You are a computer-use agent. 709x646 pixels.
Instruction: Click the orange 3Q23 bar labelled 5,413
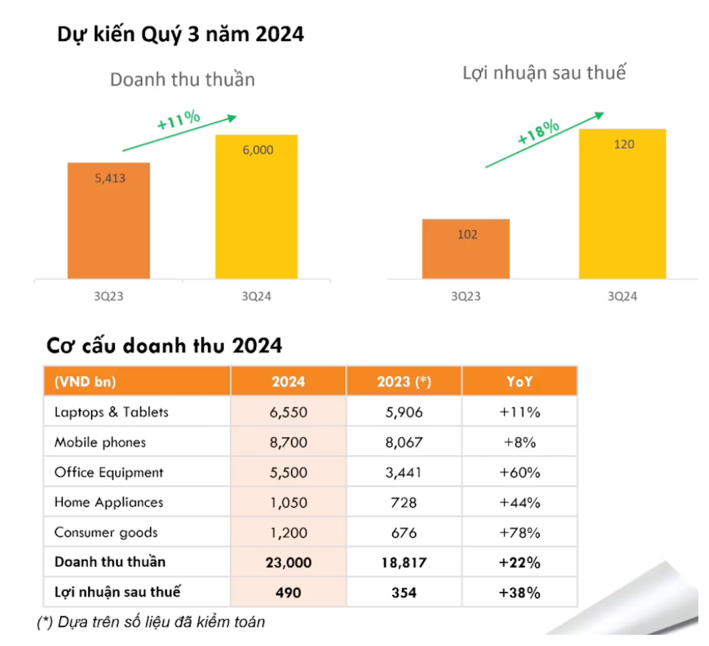click(x=109, y=220)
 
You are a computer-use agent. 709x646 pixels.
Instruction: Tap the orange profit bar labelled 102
click(x=466, y=249)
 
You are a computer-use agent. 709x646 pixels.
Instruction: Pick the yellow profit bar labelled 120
click(x=622, y=203)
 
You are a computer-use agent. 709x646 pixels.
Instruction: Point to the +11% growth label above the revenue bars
click(x=178, y=120)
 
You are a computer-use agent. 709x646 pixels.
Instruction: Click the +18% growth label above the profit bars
click(x=538, y=131)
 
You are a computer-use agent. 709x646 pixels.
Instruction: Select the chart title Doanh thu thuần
click(x=182, y=80)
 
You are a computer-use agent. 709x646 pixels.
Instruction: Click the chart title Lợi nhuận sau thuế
click(x=543, y=73)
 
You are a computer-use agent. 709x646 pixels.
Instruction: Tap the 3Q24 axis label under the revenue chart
click(x=256, y=296)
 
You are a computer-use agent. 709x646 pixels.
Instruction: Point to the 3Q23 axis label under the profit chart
click(x=466, y=296)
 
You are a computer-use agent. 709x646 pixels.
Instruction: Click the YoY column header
click(x=520, y=382)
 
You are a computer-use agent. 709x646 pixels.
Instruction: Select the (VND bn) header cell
click(x=85, y=382)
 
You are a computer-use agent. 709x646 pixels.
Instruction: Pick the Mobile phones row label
click(x=100, y=442)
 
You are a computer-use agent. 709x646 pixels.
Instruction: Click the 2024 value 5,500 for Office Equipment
click(x=288, y=473)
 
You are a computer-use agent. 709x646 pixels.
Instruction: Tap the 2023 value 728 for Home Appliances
click(x=403, y=502)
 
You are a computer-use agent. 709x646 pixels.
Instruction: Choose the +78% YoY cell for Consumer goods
click(x=520, y=533)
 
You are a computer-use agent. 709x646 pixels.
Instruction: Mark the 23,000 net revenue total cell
click(x=288, y=562)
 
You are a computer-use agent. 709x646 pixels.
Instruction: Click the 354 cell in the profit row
click(x=403, y=592)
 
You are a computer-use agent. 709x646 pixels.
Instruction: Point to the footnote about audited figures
click(x=151, y=622)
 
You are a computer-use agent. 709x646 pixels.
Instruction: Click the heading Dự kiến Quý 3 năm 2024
click(x=180, y=34)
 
